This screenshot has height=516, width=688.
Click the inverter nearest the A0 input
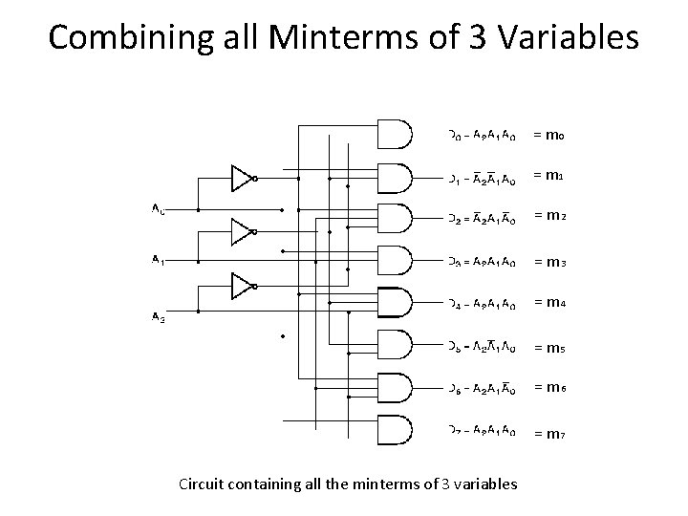(x=243, y=177)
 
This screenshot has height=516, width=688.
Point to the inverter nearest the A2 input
(x=243, y=284)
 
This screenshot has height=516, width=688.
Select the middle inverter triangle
(x=243, y=229)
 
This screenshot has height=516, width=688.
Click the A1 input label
(x=158, y=259)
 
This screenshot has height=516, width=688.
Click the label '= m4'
(x=550, y=303)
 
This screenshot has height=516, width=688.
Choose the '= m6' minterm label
(x=550, y=387)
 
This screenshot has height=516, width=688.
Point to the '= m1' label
(x=550, y=176)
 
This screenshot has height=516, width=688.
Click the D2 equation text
(x=484, y=220)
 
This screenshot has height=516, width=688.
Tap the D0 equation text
(x=484, y=135)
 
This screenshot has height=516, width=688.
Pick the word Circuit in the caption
(x=202, y=484)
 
